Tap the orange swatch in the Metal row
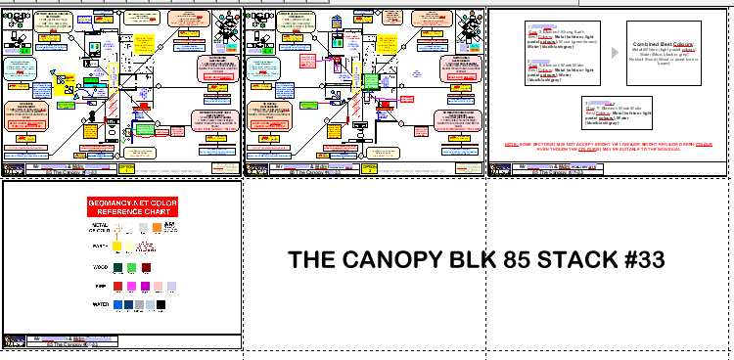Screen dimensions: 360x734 point(169,226)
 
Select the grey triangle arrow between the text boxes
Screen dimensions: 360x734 point(614,53)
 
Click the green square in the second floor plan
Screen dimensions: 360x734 point(371,82)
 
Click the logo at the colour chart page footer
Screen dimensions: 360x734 point(14,341)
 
